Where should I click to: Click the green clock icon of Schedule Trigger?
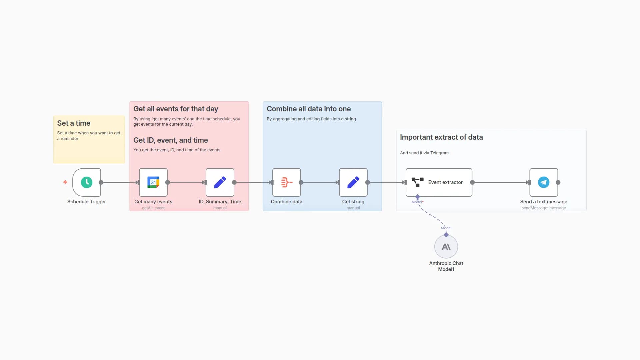click(87, 182)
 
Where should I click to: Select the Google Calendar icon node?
click(153, 182)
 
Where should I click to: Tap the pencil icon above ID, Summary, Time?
click(220, 182)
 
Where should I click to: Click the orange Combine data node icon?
click(287, 182)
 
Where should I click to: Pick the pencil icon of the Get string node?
click(353, 182)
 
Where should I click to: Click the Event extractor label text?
click(445, 182)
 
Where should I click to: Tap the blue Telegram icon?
click(544, 182)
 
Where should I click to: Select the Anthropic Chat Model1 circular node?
click(446, 247)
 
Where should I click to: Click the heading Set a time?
click(74, 123)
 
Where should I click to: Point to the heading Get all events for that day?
click(176, 109)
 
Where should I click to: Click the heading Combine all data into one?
click(309, 109)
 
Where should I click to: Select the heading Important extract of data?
click(441, 137)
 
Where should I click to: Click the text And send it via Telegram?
click(424, 153)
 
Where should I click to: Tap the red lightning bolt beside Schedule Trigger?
click(65, 182)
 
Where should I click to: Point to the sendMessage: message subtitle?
click(544, 208)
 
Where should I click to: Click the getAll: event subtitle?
click(153, 208)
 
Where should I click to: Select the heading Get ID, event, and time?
click(171, 140)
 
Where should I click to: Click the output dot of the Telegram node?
click(558, 182)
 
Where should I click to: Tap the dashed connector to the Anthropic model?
click(432, 216)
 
